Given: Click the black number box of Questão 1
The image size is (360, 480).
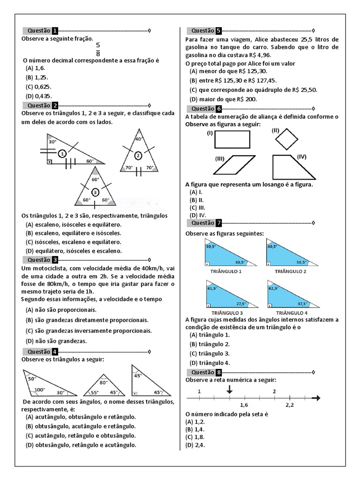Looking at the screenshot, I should click(55, 31).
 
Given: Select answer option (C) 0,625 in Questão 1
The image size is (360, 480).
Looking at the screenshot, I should click(38, 87).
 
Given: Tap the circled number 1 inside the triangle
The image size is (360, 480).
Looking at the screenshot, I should click(62, 153).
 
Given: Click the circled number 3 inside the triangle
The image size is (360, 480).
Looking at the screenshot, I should click(95, 192).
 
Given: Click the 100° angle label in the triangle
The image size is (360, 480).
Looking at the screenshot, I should click(39, 390).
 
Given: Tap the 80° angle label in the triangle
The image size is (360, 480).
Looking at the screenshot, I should click(104, 382).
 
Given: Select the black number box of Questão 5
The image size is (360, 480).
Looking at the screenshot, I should click(218, 31).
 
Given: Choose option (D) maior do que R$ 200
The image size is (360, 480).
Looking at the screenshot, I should click(223, 99).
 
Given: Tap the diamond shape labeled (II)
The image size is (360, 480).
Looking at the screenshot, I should click(286, 139).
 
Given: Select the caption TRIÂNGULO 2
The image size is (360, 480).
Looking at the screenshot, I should click(291, 271).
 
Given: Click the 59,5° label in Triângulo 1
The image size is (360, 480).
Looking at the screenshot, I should click(210, 246).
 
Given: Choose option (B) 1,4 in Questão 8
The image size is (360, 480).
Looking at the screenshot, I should click(196, 429).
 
